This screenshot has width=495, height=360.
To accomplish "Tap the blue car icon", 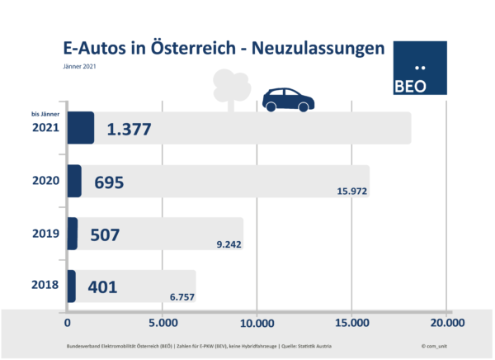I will [x=288, y=99].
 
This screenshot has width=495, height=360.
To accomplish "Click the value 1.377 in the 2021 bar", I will [x=138, y=130].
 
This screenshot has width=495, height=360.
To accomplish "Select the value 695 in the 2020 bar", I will [x=108, y=182].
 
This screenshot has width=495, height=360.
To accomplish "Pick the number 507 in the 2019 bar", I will [x=104, y=235].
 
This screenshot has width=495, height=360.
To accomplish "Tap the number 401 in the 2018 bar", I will [x=101, y=287].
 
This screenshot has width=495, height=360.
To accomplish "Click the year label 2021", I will [x=46, y=129].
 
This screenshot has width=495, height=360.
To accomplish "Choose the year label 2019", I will [x=46, y=234].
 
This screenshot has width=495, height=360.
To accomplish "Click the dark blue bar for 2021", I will [x=80, y=128].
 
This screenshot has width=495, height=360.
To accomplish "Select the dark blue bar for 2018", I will [x=71, y=286].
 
